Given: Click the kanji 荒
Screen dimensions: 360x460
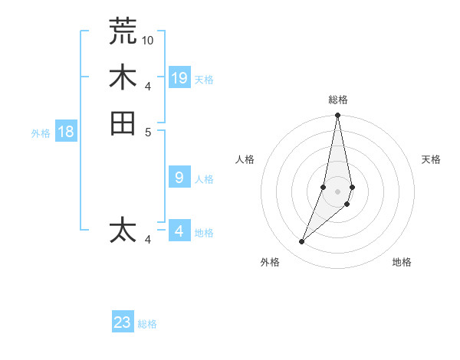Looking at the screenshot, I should point(123,31).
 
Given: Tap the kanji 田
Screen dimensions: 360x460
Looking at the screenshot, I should point(123,123).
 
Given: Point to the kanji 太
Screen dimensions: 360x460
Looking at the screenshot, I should point(123,230).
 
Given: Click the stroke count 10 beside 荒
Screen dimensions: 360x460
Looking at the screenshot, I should point(148,39).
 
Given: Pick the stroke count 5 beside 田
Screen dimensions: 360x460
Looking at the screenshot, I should point(148,132).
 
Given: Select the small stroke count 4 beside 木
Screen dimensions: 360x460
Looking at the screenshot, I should point(148,86).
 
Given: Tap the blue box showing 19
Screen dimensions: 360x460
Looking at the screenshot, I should point(179,77).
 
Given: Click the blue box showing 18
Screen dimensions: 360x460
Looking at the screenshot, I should point(66,132).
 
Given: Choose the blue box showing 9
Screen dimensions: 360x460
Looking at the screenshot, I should point(179,178).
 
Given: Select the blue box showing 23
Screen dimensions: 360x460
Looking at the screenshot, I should point(123,322).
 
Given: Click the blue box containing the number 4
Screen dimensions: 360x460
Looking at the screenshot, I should point(179,231).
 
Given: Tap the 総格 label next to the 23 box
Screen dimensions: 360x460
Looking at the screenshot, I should point(147,324).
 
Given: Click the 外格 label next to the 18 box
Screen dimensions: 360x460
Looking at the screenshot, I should point(41,133).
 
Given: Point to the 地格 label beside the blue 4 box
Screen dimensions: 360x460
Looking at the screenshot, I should point(204,233).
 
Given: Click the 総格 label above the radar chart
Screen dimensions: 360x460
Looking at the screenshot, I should point(338,100).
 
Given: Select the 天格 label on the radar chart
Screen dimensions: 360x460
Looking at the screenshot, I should point(432,159).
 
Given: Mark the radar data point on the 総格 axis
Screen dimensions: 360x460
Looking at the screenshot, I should point(337,116).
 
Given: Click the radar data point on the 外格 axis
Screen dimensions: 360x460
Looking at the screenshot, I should point(302,242).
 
